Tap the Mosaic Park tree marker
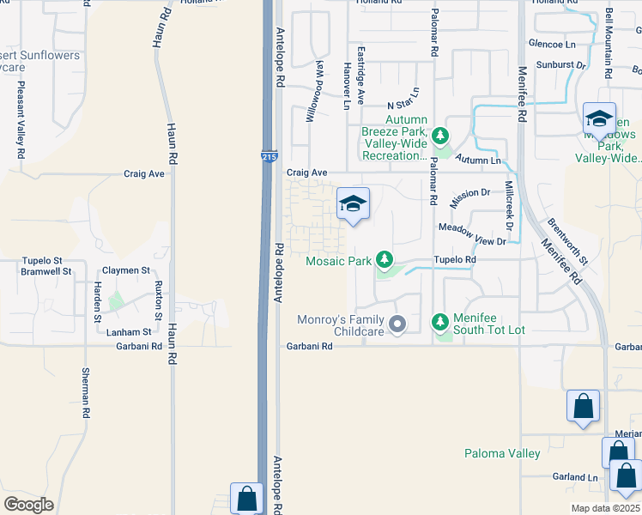(x=385, y=258)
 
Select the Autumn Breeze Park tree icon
(x=440, y=136)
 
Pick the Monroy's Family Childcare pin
(x=397, y=324)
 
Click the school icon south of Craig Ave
(x=353, y=204)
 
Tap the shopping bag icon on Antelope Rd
(x=247, y=497)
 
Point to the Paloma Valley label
(x=502, y=453)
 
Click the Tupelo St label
(x=42, y=260)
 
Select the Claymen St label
(x=127, y=270)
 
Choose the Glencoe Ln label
(x=552, y=44)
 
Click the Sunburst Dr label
(x=560, y=64)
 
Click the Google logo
(x=28, y=505)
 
